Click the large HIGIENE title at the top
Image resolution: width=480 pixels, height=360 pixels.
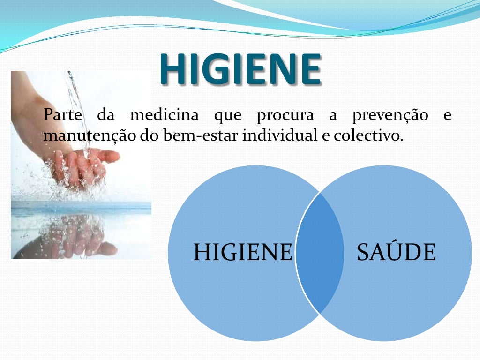pyautogui.click(x=240, y=69)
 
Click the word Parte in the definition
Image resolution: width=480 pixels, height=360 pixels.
pyautogui.click(x=62, y=115)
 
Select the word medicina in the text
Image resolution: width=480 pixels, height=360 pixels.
pyautogui.click(x=164, y=115)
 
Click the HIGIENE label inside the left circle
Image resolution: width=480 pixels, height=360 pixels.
pyautogui.click(x=242, y=252)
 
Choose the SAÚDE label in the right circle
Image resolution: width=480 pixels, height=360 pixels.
pyautogui.click(x=396, y=252)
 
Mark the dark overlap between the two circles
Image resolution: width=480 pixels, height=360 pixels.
pyautogui.click(x=319, y=253)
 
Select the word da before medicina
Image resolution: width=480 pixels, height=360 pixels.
pyautogui.click(x=106, y=115)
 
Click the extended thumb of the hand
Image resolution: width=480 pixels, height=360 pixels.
pyautogui.click(x=105, y=156)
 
